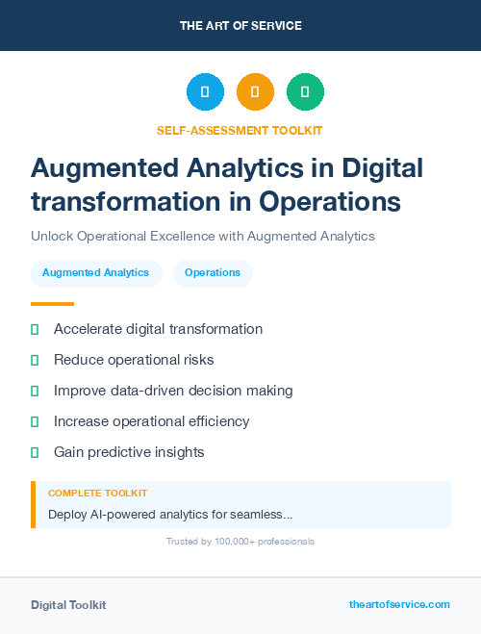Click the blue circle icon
(205, 92)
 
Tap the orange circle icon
(255, 92)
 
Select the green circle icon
(305, 92)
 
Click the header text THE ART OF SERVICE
(240, 26)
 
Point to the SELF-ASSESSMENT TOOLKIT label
(240, 130)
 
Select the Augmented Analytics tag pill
(95, 273)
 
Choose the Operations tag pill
(213, 273)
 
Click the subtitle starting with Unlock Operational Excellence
(202, 236)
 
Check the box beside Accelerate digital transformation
(35, 330)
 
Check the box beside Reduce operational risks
(35, 361)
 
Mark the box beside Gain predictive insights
(35, 452)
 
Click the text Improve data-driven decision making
(173, 391)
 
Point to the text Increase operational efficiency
(151, 421)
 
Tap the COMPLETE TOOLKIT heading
(97, 494)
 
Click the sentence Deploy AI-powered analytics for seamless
(170, 515)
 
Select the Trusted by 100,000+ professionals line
(240, 542)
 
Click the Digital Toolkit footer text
(68, 605)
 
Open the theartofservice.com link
(399, 604)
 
